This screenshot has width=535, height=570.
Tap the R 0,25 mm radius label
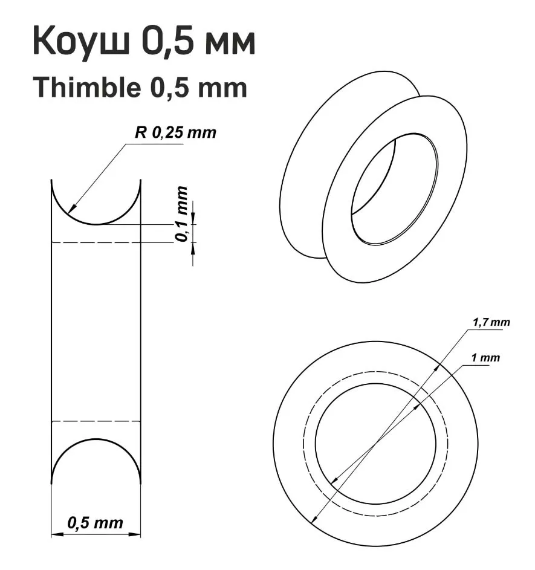click(175, 133)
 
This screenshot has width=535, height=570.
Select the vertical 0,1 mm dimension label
click(182, 215)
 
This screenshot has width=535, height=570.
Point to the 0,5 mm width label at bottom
click(96, 522)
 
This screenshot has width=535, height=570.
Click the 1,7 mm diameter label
click(490, 322)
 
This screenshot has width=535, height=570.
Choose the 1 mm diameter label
click(486, 358)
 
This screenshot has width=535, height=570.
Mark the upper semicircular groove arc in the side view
click(96, 224)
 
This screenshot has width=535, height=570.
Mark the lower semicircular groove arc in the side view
click(96, 439)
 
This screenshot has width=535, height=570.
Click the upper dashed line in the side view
click(96, 242)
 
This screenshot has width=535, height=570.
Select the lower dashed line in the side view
click(96, 421)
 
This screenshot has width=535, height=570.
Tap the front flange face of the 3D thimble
click(345, 242)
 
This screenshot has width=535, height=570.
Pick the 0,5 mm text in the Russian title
click(199, 42)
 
